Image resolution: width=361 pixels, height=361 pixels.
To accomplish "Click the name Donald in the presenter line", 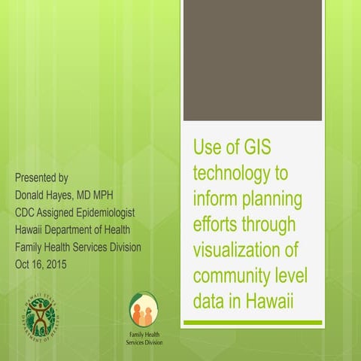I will (x=36, y=195).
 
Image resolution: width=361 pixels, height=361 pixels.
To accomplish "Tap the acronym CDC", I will (x=29, y=212).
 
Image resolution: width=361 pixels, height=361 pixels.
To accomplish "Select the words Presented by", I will (x=42, y=178).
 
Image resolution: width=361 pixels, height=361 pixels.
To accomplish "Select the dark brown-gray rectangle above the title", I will (x=253, y=60).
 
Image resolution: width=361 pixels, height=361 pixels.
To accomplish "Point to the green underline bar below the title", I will (x=253, y=323).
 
